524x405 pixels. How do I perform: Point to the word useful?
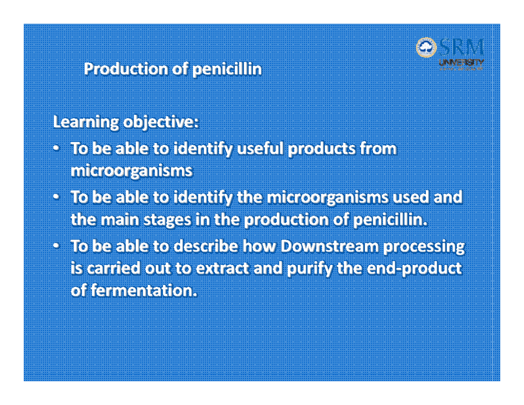click(263, 149)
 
